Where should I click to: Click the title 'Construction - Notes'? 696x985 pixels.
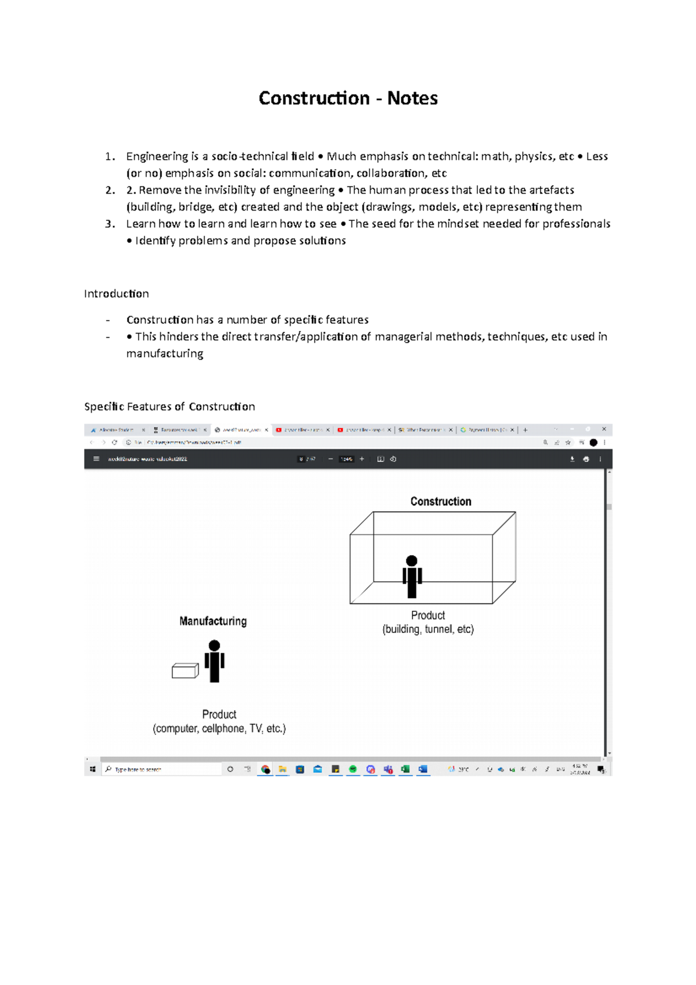point(348,98)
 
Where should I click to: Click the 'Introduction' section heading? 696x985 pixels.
point(116,294)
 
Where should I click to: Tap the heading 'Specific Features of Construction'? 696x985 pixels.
point(169,407)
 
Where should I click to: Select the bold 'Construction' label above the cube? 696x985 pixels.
point(441,501)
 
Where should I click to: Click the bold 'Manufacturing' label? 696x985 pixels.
point(213,621)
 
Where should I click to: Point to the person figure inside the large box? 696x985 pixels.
point(412,577)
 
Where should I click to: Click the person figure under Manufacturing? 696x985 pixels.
point(215,661)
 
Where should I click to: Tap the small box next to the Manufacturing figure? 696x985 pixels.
point(185,671)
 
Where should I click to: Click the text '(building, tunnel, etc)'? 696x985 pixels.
point(428,629)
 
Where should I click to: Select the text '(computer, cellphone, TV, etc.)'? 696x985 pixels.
point(219,729)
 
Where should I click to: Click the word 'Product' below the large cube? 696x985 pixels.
point(428,615)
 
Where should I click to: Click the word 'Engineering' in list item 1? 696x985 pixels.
point(157,157)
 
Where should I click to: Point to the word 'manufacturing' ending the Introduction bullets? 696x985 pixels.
point(165,354)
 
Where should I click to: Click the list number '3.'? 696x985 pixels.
point(110,224)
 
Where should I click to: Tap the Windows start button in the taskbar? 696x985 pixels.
point(93,769)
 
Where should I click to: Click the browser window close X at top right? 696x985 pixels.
point(604,429)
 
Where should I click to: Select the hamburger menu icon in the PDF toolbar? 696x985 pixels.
point(96,459)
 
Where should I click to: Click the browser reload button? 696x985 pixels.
point(115,442)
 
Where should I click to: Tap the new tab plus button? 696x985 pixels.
point(525,430)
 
